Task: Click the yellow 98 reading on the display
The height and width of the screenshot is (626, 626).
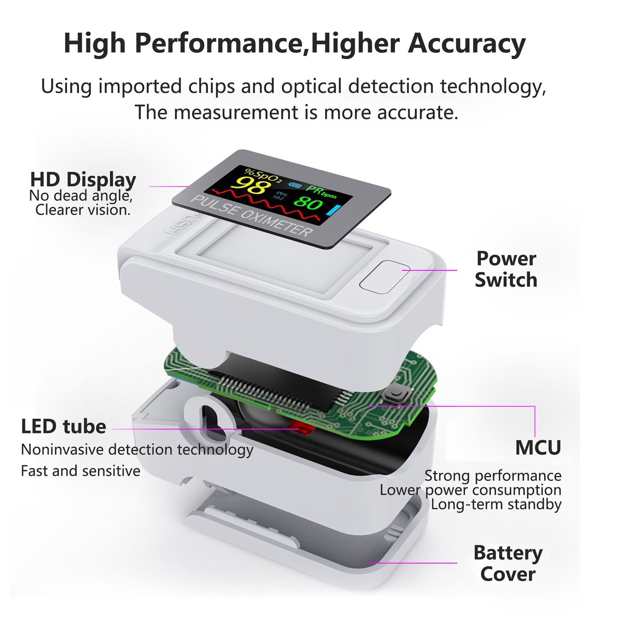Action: (251, 185)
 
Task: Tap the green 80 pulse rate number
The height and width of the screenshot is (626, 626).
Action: (308, 203)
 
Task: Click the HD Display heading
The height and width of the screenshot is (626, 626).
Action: (83, 180)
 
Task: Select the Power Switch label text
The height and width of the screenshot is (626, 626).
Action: (506, 269)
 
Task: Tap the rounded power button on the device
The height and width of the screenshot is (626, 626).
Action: (384, 277)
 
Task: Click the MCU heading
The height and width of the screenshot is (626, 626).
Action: (538, 448)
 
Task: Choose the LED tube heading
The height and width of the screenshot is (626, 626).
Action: (63, 426)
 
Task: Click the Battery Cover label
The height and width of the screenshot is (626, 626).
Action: (508, 563)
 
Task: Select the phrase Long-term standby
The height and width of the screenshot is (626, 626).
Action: (496, 504)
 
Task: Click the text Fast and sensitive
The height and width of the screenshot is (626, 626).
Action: (80, 471)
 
